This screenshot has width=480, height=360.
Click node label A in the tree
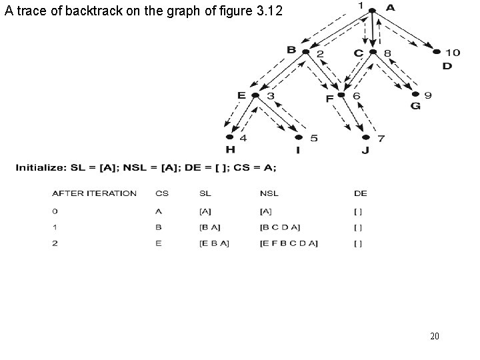[x=390, y=8]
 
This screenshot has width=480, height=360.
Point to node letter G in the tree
[x=415, y=107]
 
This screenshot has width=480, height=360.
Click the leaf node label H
[x=231, y=149]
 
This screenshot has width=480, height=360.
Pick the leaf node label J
[x=365, y=149]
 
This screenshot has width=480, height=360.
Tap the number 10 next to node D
[x=453, y=52]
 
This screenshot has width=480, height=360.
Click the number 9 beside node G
[x=427, y=96]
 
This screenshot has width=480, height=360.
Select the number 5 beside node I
[x=313, y=139]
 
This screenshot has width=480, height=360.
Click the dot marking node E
[x=255, y=96]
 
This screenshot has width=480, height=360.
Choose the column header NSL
[x=269, y=193]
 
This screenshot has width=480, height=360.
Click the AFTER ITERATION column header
[x=94, y=193]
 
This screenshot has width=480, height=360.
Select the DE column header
[x=360, y=193]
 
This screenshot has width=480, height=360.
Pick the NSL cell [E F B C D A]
[x=289, y=243]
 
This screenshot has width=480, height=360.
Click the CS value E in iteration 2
[x=158, y=243]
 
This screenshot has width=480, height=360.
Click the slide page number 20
[x=434, y=336]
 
